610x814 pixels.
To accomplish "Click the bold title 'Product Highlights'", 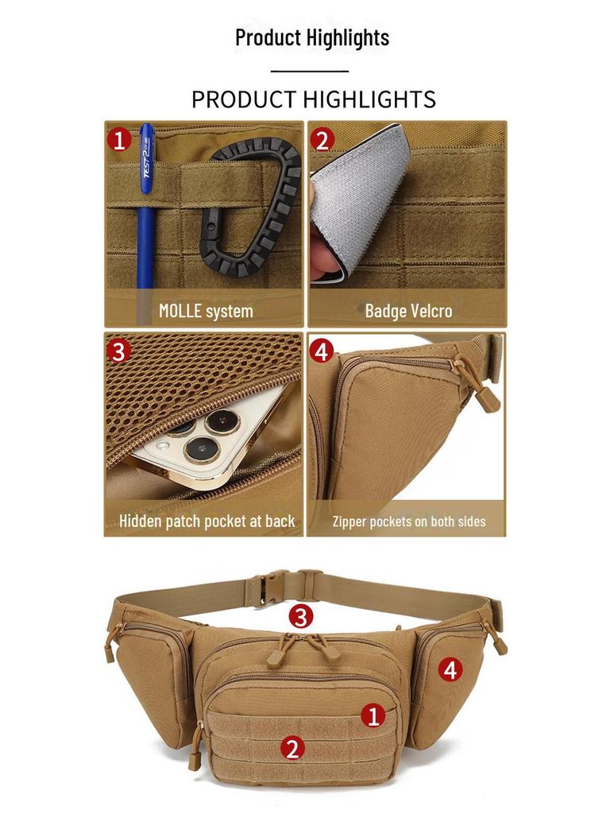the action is point(312,38).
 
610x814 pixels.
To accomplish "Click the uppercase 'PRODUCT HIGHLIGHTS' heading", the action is point(314,99).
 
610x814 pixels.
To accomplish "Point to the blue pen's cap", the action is point(147,158).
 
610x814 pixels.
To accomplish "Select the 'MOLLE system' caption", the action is point(206,311).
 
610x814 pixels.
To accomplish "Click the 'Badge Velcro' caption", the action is point(409,311).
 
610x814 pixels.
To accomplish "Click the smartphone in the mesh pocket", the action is point(207,439).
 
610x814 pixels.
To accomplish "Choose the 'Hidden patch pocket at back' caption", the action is point(207,521).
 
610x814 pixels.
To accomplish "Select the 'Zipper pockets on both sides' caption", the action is point(409,521).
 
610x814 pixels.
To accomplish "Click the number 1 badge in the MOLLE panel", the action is point(119,140).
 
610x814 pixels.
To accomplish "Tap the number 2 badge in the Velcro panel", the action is point(322,140).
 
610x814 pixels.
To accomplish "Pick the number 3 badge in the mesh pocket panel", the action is point(119,351).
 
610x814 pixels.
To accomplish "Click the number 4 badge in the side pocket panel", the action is point(322,351).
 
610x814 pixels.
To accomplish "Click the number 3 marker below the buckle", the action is point(301,617).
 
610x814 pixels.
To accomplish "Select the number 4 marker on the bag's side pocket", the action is point(450,669).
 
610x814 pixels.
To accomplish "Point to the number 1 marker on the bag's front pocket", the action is point(373,716).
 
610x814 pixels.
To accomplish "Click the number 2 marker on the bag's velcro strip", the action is point(292,749).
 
